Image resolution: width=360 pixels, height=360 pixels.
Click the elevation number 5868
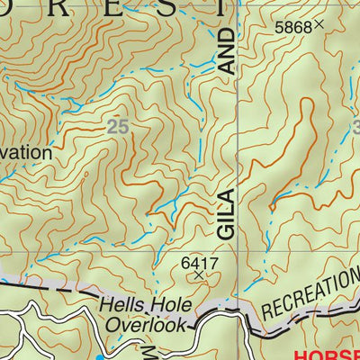pos(293,28)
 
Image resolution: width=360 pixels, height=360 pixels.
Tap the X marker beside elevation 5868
pos(319,27)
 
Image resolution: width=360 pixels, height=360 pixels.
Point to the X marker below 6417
pos(200,276)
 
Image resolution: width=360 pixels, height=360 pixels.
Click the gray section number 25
pos(117,128)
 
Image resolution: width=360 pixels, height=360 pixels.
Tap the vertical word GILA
pos(225,214)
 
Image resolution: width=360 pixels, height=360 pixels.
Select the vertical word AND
pos(225,52)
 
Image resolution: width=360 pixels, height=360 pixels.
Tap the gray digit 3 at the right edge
pos(355,128)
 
